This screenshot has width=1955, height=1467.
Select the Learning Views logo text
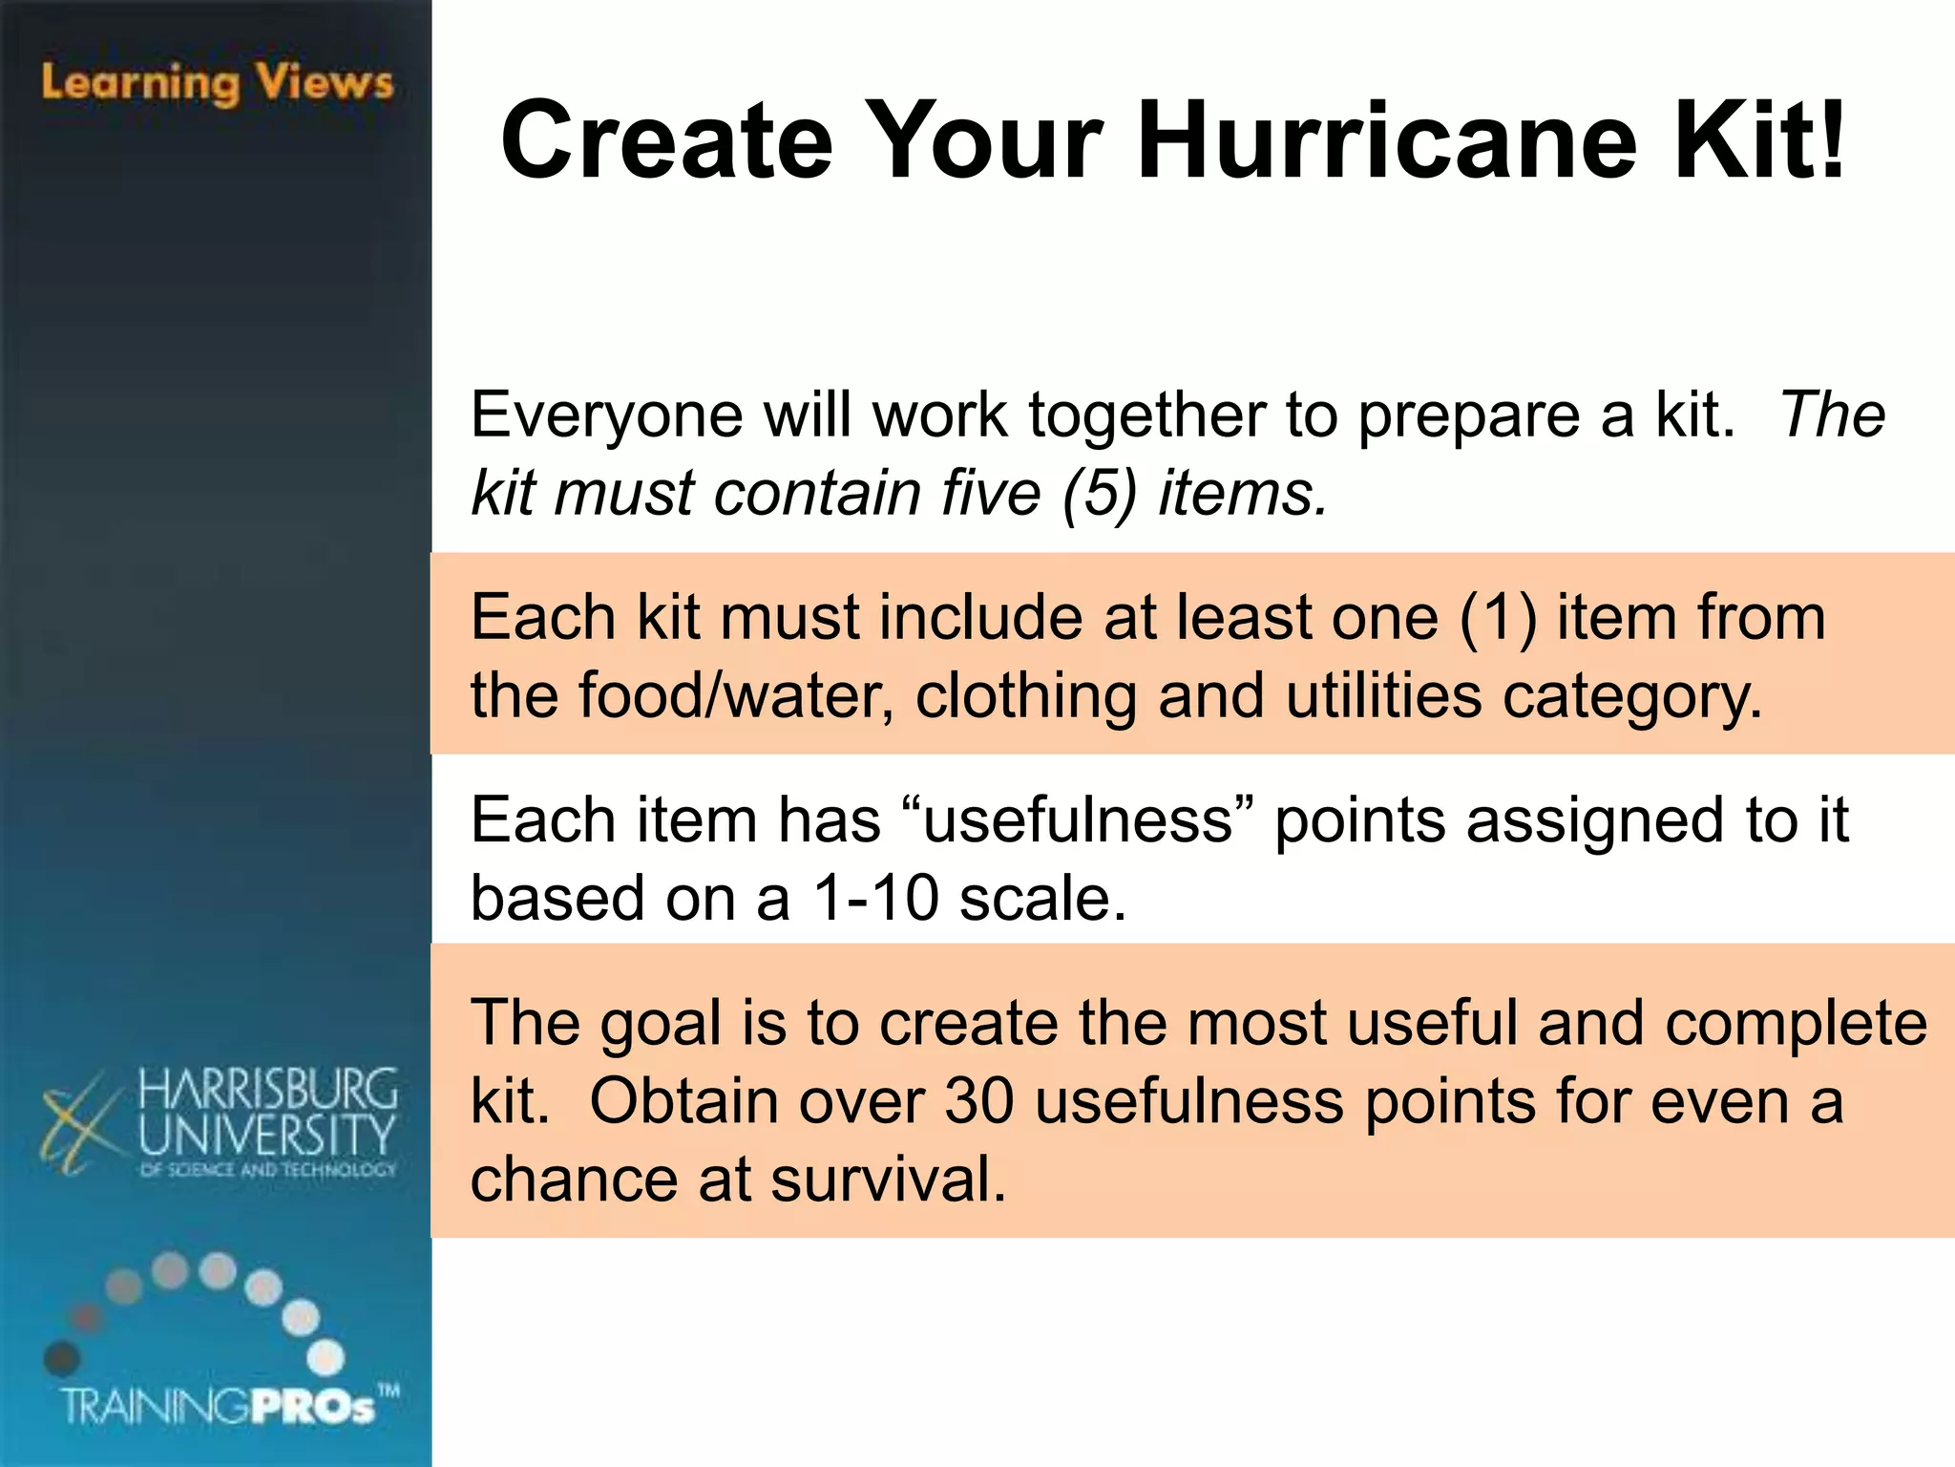(x=217, y=83)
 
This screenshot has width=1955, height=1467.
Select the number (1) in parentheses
(x=1498, y=618)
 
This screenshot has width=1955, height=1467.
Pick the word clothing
(x=1026, y=696)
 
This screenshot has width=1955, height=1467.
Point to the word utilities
(x=1384, y=696)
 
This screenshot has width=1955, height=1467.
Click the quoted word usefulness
(x=1078, y=820)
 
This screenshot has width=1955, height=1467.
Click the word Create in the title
(x=667, y=141)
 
